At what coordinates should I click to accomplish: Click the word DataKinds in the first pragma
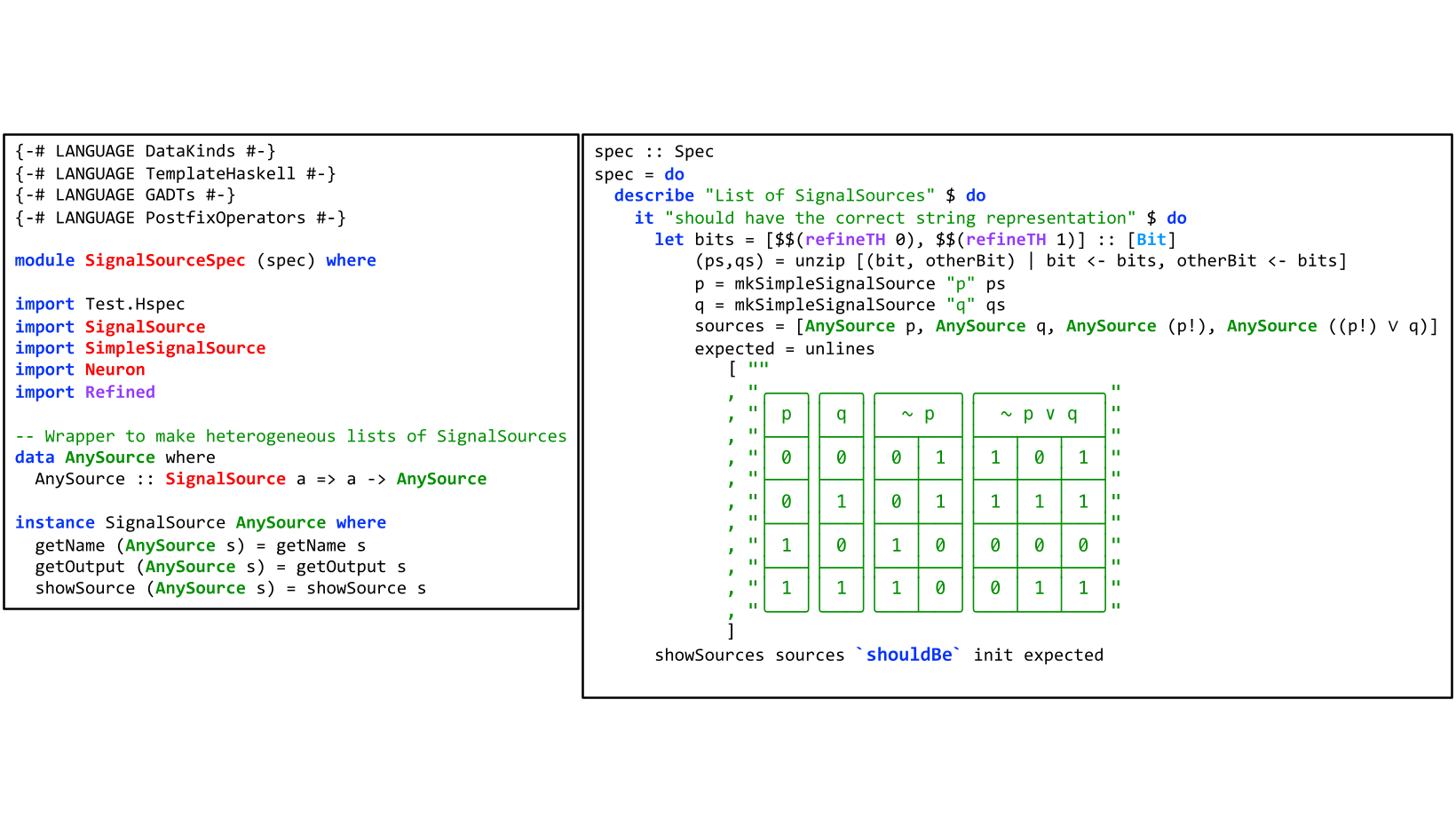(190, 151)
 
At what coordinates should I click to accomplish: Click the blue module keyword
(44, 260)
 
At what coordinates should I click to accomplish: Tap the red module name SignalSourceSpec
(165, 260)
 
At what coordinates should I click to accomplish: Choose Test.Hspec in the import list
(135, 304)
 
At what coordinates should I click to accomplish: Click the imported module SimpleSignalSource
(175, 348)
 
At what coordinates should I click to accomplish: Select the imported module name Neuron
(115, 370)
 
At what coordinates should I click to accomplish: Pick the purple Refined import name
(120, 392)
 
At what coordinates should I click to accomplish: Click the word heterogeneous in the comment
(270, 436)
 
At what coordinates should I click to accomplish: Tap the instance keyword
(54, 522)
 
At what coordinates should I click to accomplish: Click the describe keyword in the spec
(653, 195)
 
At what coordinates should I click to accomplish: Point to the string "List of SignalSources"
(819, 195)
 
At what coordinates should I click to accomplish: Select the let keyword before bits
(669, 239)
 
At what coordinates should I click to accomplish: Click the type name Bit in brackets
(1151, 239)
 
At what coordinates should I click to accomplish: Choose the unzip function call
(819, 260)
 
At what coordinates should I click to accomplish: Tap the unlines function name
(839, 349)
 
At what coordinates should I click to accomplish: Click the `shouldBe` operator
(908, 655)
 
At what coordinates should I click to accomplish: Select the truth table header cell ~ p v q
(1039, 414)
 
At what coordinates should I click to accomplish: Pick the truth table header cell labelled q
(841, 414)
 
